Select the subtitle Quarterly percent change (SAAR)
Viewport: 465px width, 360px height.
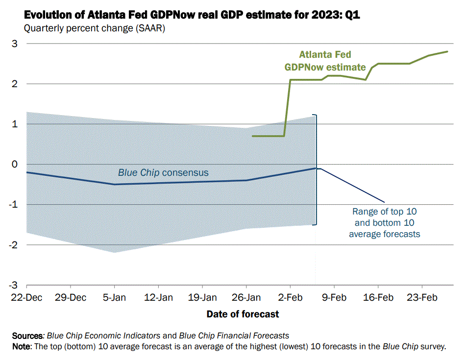[95, 28]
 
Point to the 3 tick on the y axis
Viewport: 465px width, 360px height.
[15, 44]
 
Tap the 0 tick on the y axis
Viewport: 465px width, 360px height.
[15, 165]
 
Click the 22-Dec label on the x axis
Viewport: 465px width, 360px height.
[26, 298]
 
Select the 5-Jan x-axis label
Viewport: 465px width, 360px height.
[115, 298]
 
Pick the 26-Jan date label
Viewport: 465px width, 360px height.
[246, 298]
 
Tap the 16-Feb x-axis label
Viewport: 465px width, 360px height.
[379, 298]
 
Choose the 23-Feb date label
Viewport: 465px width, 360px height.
[422, 298]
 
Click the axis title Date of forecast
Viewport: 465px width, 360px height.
[243, 314]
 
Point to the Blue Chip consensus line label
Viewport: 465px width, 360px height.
[163, 172]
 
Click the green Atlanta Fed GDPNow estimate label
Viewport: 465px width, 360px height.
[325, 61]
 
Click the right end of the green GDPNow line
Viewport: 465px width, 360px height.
[447, 51]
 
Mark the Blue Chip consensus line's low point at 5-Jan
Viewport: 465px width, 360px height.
[115, 184]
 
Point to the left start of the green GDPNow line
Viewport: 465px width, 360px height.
[252, 136]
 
